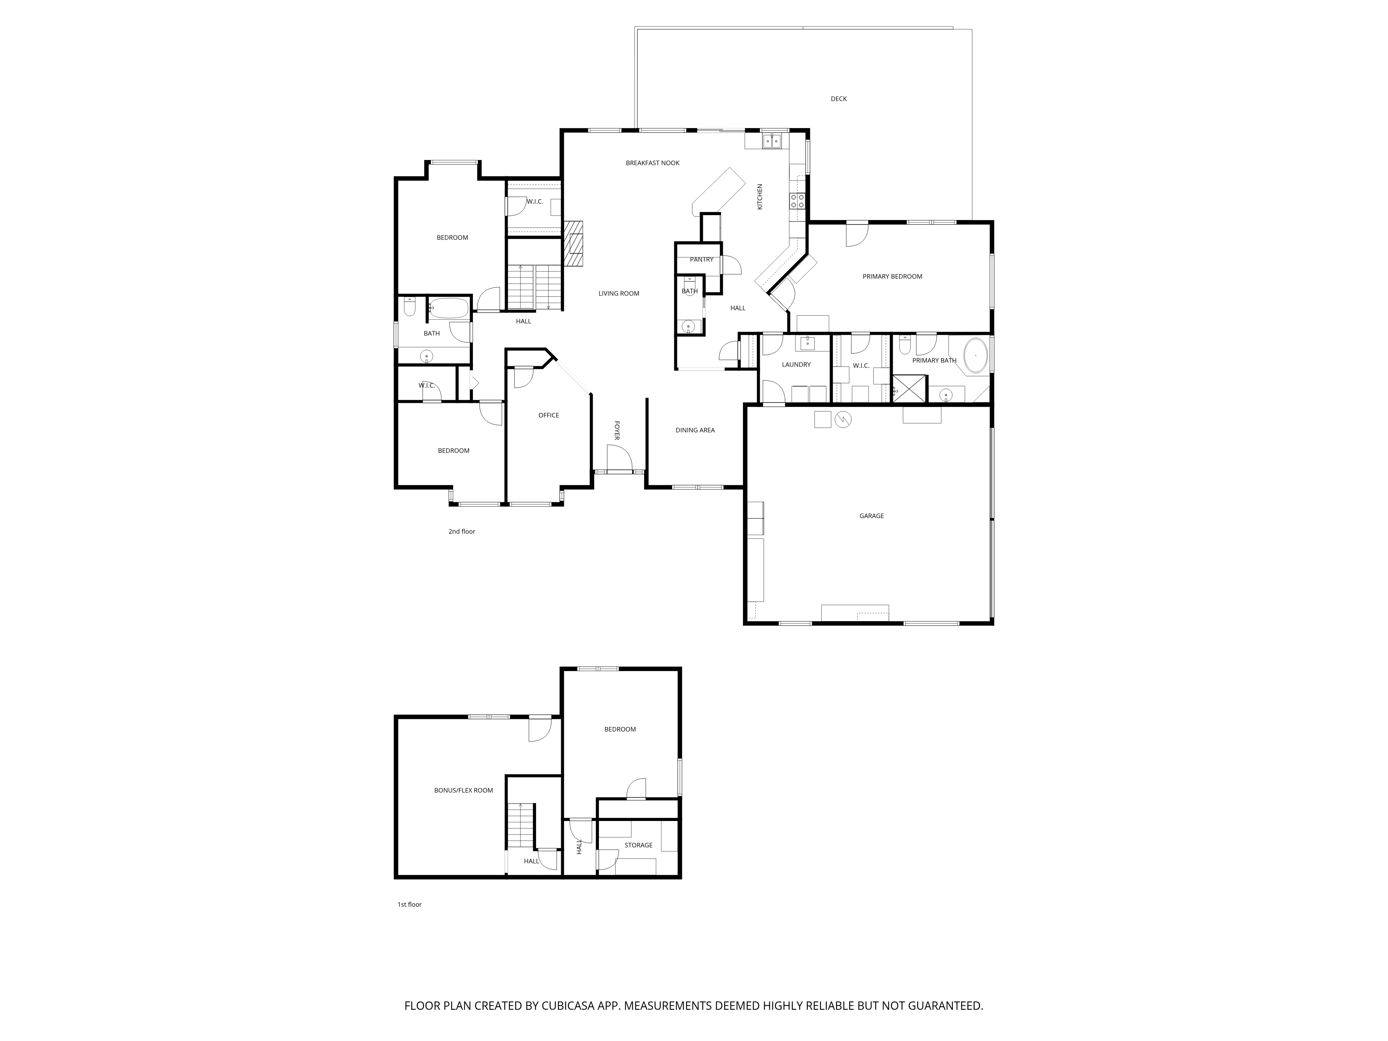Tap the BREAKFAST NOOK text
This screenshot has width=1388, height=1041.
click(x=653, y=163)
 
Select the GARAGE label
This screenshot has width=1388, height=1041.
click(x=872, y=516)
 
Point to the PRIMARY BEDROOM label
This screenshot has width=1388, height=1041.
click(x=892, y=277)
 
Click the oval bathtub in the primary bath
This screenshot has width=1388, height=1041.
click(x=976, y=356)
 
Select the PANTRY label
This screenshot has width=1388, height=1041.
click(x=702, y=260)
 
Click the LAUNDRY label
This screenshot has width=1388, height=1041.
click(x=796, y=365)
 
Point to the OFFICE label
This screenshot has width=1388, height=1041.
click(x=548, y=415)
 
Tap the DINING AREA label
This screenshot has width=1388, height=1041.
click(x=695, y=431)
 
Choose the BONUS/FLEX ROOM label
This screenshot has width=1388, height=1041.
click(x=464, y=790)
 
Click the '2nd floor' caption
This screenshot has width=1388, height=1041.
click(x=462, y=532)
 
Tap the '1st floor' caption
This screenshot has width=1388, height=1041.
click(x=410, y=904)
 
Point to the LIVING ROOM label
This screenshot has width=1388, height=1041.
click(x=619, y=294)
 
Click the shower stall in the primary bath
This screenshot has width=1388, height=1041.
click(x=909, y=388)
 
